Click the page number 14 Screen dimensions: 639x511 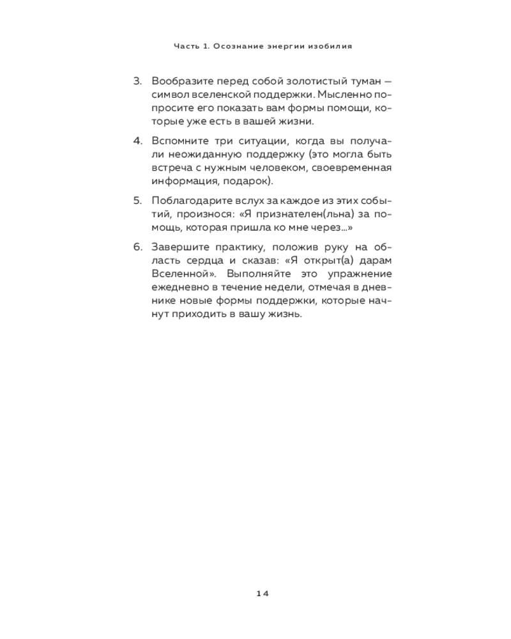tap(263, 593)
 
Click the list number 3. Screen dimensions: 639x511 tap(137, 81)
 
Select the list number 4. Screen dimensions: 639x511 tap(137, 140)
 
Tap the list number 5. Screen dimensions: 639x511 tap(137, 200)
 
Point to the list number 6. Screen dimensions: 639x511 tap(137, 247)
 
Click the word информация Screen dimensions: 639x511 tap(182, 181)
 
